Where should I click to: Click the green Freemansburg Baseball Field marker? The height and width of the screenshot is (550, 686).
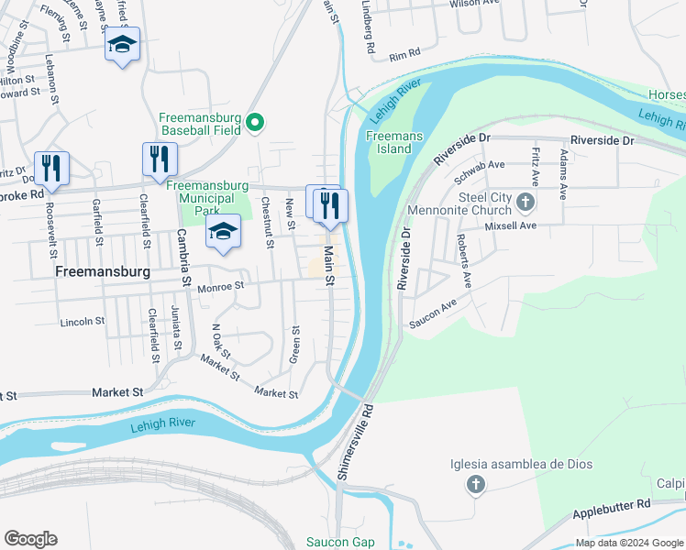tap(258, 124)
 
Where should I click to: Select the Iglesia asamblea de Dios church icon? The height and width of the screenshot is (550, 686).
tap(475, 483)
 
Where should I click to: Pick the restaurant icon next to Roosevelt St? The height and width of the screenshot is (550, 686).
tap(51, 168)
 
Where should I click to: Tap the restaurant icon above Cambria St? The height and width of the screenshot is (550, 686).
tap(160, 159)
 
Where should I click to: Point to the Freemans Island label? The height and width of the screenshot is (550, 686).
tap(393, 143)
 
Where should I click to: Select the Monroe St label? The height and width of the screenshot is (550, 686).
tap(220, 287)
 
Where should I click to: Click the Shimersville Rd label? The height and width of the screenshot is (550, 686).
tap(354, 442)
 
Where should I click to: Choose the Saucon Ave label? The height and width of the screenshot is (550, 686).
tap(433, 315)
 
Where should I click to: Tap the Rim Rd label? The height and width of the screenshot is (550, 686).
tap(404, 56)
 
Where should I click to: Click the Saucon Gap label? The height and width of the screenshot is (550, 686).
tap(339, 542)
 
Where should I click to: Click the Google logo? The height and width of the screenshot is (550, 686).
tap(31, 539)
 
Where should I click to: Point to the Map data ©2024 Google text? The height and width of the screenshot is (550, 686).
tap(628, 542)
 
